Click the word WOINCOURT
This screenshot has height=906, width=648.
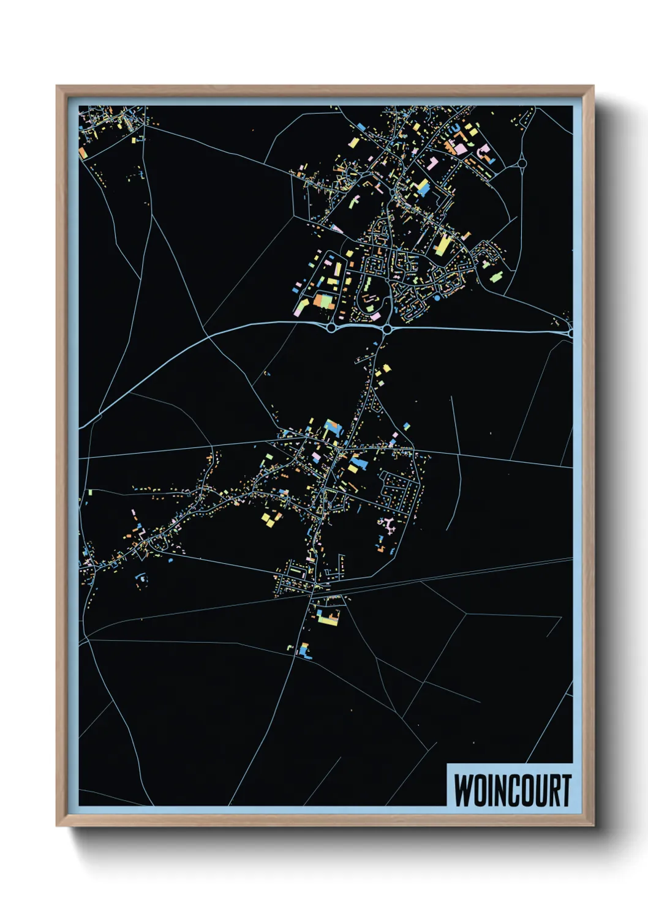[512, 790]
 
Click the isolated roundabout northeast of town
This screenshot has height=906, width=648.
[522, 163]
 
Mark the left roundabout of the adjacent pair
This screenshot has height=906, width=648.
[332, 329]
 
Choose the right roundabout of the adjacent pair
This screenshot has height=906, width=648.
[387, 330]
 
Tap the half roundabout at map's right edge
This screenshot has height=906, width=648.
[571, 333]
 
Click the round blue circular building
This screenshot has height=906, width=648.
[437, 298]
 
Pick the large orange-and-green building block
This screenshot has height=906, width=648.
[323, 301]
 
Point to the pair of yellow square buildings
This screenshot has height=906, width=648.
[270, 519]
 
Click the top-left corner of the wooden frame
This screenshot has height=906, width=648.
[57, 86]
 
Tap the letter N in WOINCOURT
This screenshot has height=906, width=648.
[497, 790]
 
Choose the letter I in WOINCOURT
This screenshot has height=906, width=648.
[488, 790]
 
